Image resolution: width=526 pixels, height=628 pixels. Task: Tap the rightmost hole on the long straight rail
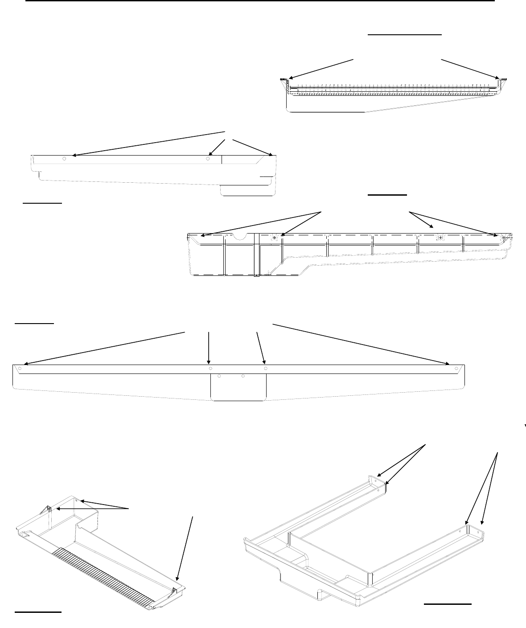456,369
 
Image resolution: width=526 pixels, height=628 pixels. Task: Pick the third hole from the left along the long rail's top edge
265,369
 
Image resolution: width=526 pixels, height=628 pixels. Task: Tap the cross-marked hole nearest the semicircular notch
275,238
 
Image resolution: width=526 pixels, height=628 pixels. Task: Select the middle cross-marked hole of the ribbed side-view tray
440,238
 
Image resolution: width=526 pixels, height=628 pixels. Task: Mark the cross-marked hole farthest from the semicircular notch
504,238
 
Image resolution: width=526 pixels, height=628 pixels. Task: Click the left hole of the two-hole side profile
65,158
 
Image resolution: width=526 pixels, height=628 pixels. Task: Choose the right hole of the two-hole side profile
208,158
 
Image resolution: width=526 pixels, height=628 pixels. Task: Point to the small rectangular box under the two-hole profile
248,190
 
